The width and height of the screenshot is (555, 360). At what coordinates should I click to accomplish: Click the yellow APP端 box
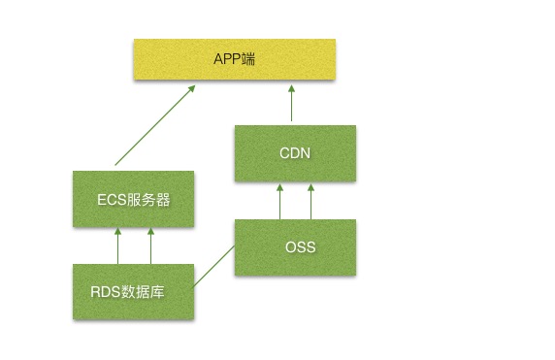tap(234, 59)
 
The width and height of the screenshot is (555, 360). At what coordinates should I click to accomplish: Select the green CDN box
tap(296, 152)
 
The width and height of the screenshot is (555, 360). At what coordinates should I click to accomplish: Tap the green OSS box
tap(296, 247)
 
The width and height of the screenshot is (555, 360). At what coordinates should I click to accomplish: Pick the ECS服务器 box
tap(134, 200)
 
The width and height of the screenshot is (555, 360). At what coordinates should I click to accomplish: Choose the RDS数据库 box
tap(134, 291)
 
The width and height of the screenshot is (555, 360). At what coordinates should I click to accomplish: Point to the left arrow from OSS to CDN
tap(280, 201)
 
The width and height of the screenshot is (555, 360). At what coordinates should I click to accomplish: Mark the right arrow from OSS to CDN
tap(312, 201)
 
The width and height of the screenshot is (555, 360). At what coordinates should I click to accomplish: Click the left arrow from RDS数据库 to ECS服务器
tap(118, 245)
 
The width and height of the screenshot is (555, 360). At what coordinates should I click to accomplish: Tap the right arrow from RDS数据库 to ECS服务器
tap(151, 245)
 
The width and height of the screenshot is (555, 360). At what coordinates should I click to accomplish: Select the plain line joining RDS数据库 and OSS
tap(214, 267)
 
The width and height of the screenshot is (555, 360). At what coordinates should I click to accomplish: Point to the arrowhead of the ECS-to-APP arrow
tap(192, 88)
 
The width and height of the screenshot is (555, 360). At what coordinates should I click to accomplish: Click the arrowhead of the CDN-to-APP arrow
tap(290, 88)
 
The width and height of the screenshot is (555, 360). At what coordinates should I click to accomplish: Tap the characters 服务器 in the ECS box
tap(147, 200)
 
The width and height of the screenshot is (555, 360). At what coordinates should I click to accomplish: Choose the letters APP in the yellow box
tap(226, 59)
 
